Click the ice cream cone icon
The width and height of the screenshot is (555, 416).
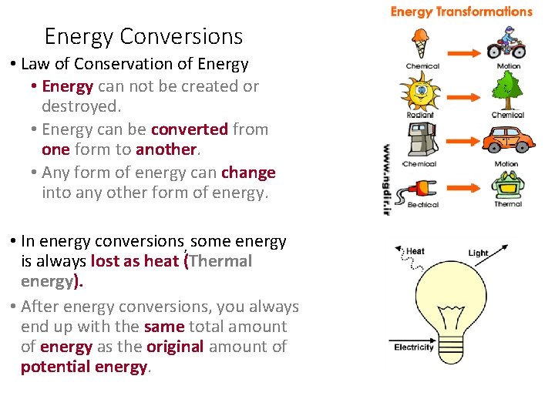(x=421, y=43)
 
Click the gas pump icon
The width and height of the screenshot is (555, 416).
(x=420, y=140)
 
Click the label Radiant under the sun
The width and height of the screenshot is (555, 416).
(x=420, y=116)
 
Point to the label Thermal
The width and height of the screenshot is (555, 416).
(x=508, y=204)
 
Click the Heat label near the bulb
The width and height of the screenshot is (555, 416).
(x=415, y=251)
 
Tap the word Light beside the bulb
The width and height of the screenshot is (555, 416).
(x=478, y=253)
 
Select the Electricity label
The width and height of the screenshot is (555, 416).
(x=414, y=347)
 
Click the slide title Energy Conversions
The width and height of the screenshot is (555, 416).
(x=143, y=36)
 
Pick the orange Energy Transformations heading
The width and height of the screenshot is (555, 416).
(x=461, y=12)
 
